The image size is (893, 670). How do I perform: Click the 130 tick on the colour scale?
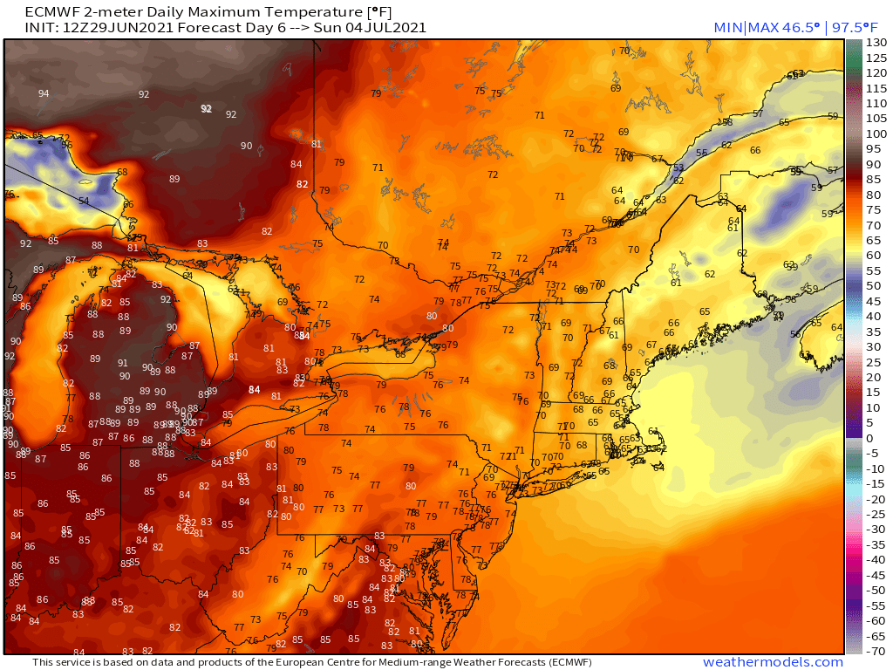point(876,43)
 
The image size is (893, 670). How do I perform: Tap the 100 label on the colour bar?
point(876,133)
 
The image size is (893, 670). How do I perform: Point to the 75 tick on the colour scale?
point(876,209)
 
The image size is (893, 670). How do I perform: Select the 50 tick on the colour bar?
point(876,285)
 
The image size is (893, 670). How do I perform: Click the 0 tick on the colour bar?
point(876,438)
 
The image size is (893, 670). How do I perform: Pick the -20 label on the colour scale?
point(876,499)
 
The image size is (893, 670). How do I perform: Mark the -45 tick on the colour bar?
point(876,575)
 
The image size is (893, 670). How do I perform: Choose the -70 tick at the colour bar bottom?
point(876,651)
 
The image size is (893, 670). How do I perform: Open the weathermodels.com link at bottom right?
point(773,662)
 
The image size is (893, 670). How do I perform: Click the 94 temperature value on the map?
point(44,93)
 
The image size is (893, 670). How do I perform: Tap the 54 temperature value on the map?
point(84,201)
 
